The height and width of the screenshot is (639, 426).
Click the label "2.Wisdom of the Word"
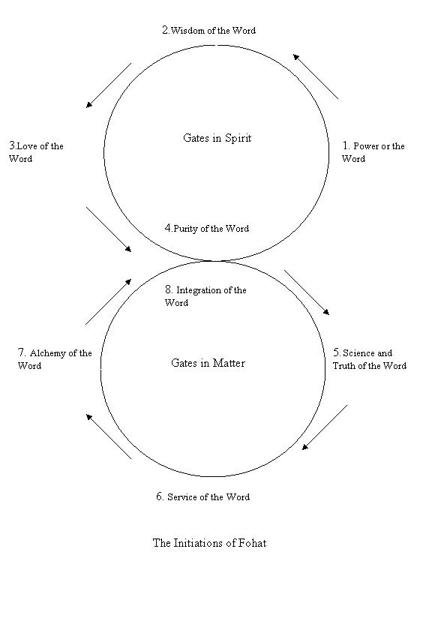pyautogui.click(x=208, y=30)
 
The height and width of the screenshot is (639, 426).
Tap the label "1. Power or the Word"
pyautogui.click(x=373, y=151)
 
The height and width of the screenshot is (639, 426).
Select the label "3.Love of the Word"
pyautogui.click(x=36, y=151)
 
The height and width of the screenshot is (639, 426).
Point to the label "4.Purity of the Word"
pyautogui.click(x=207, y=228)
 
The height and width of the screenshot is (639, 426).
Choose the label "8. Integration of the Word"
pyautogui.click(x=205, y=295)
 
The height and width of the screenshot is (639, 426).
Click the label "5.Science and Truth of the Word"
pyautogui.click(x=369, y=359)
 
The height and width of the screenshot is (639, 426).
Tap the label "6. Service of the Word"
pyautogui.click(x=203, y=496)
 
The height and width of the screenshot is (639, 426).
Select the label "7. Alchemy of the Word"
pyautogui.click(x=55, y=359)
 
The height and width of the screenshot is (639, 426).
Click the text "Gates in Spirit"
pyautogui.click(x=217, y=138)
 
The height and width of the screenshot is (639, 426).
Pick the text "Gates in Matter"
pyautogui.click(x=208, y=363)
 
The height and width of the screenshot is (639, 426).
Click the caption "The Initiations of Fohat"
pyautogui.click(x=209, y=543)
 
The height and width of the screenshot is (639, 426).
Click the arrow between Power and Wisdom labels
pyautogui.click(x=316, y=76)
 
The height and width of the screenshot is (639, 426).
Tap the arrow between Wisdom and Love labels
pyautogui.click(x=109, y=85)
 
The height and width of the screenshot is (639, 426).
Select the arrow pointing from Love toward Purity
pyautogui.click(x=109, y=229)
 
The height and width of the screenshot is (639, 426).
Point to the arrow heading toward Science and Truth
pyautogui.click(x=307, y=292)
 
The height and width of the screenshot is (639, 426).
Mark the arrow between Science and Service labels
pyautogui.click(x=325, y=427)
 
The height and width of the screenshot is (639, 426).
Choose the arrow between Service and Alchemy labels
pyautogui.click(x=109, y=436)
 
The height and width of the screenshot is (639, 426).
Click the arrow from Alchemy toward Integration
pyautogui.click(x=109, y=301)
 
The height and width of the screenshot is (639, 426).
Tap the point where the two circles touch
pyautogui.click(x=214, y=261)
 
